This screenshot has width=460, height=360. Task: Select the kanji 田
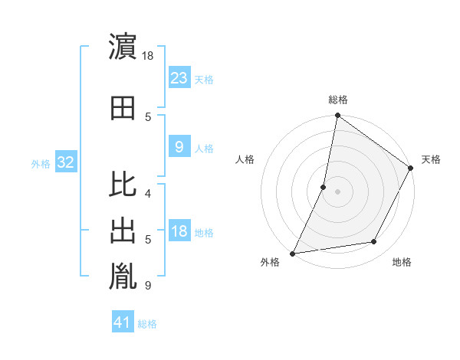[x=123, y=108]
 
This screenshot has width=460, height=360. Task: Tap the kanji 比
[x=123, y=185]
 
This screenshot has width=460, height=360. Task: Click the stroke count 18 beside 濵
[x=149, y=56]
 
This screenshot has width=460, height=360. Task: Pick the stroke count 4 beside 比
[x=148, y=193]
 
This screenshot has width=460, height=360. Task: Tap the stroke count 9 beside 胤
[x=148, y=286]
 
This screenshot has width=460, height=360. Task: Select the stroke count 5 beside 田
[x=148, y=116]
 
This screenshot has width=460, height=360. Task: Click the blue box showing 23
[x=179, y=77]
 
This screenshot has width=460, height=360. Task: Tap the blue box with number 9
[x=179, y=146]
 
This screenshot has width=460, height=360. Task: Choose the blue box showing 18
[x=179, y=231]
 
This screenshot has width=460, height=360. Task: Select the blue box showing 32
[x=65, y=162]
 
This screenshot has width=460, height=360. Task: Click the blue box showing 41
[x=123, y=322]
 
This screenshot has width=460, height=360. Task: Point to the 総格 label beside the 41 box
[x=148, y=324]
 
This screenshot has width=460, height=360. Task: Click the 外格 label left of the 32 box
[x=41, y=163]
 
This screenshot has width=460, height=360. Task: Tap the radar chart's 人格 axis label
[x=245, y=159]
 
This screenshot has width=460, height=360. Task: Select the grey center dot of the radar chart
[x=337, y=191]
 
